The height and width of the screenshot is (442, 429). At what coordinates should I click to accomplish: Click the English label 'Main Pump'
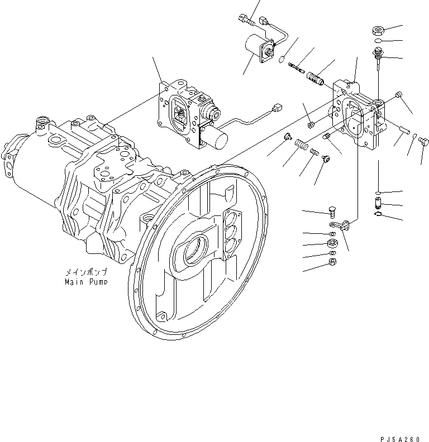pyautogui.click(x=85, y=282)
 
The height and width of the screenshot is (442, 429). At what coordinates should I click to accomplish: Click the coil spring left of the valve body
pyautogui.click(x=302, y=145)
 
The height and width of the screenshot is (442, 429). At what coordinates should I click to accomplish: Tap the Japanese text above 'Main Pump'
pyautogui.click(x=85, y=272)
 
